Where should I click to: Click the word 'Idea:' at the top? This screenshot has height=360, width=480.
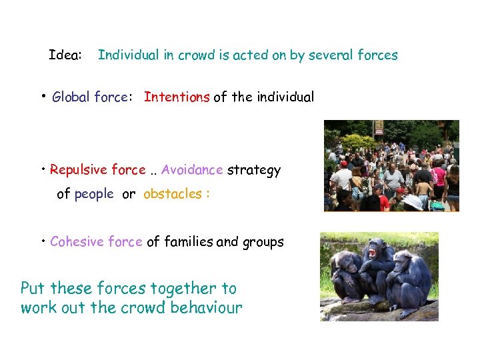point(65,55)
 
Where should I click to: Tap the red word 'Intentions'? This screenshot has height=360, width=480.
point(177,97)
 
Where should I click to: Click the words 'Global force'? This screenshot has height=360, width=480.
point(89,97)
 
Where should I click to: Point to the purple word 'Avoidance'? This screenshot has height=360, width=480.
point(192,170)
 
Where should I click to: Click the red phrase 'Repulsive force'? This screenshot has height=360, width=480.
point(97,170)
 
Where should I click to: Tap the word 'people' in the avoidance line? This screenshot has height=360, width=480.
point(94,195)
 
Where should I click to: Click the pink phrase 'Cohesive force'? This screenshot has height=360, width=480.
point(96,242)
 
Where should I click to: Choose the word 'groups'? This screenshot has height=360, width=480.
point(265,243)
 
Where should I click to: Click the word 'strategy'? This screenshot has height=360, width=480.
point(254,171)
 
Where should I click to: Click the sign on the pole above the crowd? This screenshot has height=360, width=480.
point(379,127)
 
